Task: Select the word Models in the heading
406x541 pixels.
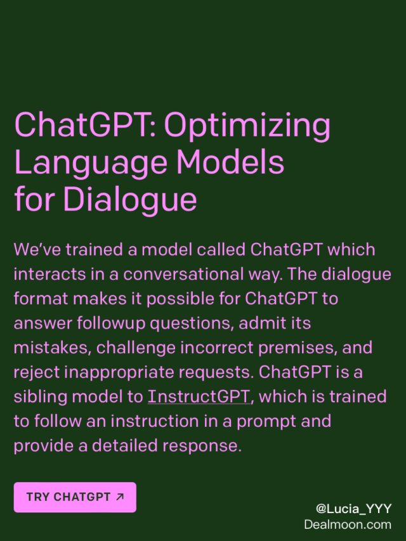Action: point(231,163)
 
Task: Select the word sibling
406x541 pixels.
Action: point(38,397)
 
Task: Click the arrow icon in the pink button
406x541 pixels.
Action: point(121,497)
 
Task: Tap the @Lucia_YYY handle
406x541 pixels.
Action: point(353,509)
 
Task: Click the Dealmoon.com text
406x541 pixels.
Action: point(348,525)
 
